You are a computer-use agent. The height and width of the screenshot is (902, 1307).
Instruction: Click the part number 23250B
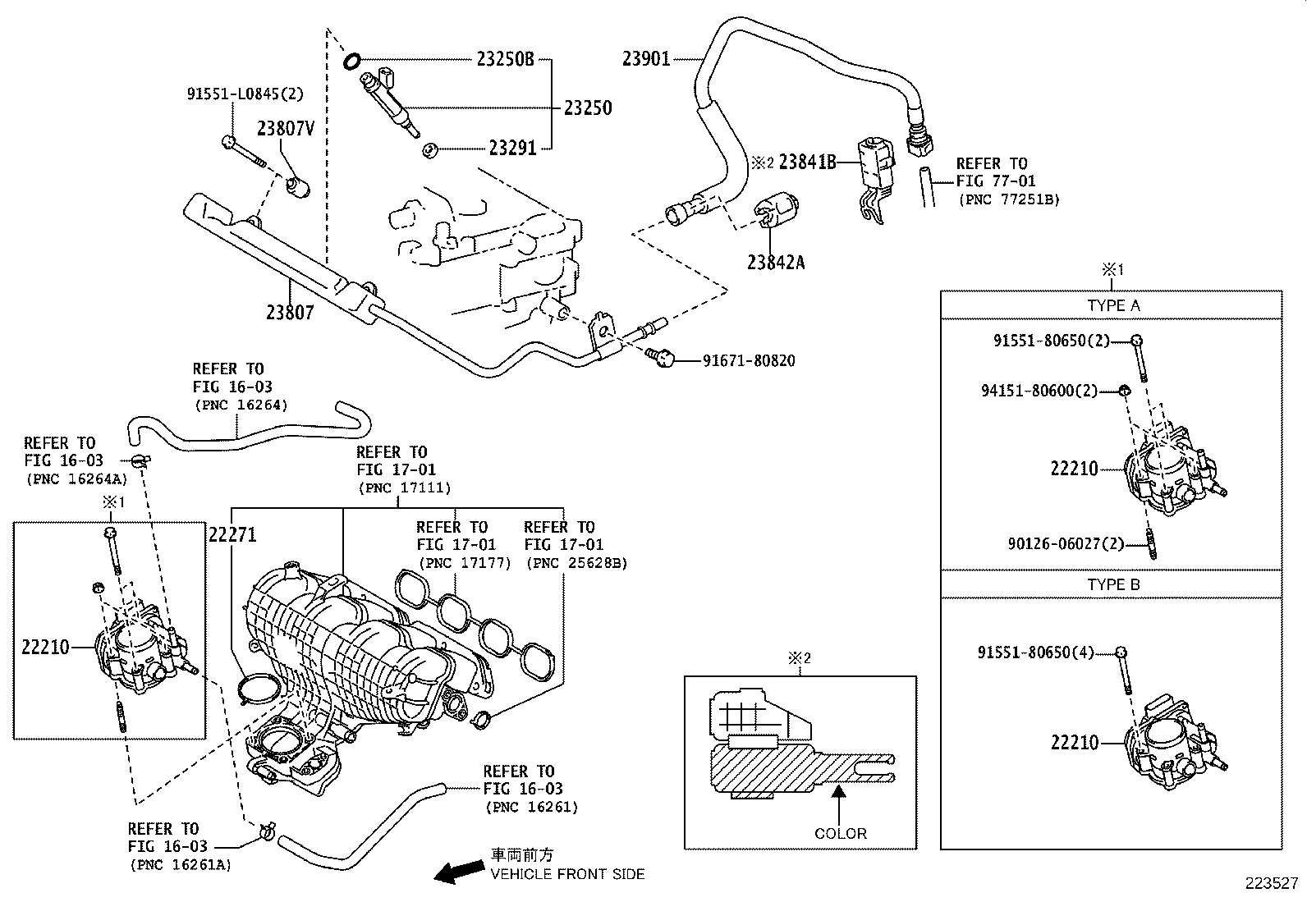coord(504,59)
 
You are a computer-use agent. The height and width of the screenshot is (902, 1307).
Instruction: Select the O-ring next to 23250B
coord(352,60)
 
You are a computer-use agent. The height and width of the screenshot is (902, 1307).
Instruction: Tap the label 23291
coord(512,149)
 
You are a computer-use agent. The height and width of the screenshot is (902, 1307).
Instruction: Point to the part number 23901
coord(646,58)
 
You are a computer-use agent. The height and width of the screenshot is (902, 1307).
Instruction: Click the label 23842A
coord(776,263)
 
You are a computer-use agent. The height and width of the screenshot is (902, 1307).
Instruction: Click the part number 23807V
coord(286,129)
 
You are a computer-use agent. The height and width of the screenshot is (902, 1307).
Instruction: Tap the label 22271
coord(232,535)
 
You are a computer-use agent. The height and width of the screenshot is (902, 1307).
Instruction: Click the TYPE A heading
coord(1113,305)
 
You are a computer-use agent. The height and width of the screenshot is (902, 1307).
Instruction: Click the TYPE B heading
coord(1113,585)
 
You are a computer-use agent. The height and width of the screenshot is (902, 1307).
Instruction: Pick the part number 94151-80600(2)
coord(1039,391)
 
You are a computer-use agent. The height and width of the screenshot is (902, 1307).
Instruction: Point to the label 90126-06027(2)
coord(1065,543)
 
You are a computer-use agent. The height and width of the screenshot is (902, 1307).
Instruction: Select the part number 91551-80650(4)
coord(1036,652)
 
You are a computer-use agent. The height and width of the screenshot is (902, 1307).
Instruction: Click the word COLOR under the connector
coord(840,833)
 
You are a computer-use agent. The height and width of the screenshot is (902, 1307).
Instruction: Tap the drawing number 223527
coord(1272,883)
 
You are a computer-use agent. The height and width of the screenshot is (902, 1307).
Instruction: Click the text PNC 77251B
coord(1008,199)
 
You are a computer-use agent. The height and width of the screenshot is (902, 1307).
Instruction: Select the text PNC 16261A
coord(181,864)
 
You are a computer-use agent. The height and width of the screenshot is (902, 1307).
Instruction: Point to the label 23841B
coord(807,162)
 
